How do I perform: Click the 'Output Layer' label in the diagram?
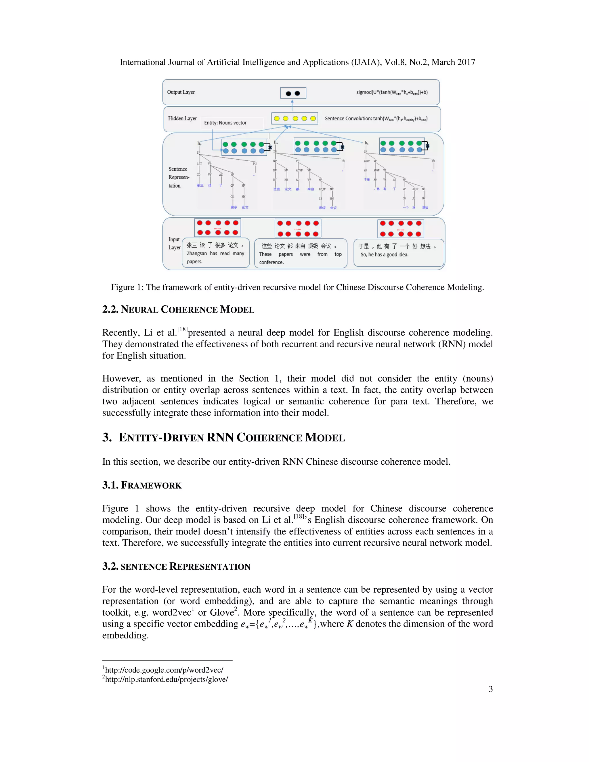181,92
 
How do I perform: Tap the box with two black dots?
293,93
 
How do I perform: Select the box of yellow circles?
294,119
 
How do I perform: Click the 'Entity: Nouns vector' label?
225,123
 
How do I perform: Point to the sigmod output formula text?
392,93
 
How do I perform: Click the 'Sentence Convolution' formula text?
376,119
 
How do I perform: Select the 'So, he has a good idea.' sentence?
385,255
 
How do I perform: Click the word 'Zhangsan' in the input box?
197,254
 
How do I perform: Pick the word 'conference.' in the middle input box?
271,262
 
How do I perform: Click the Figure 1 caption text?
297,287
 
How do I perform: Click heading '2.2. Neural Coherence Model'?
178,309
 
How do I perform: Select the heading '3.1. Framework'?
142,485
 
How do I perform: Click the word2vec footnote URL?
164,670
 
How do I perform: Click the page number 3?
491,689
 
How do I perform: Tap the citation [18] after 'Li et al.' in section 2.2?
182,329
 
